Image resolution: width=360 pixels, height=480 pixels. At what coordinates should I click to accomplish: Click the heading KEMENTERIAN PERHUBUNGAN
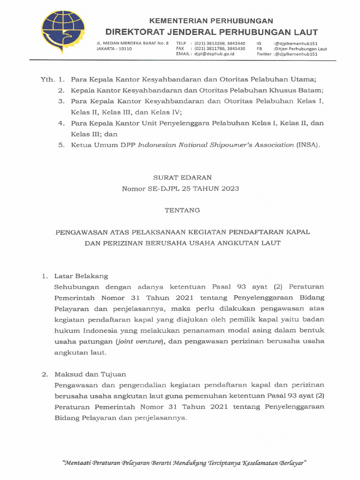click(211, 21)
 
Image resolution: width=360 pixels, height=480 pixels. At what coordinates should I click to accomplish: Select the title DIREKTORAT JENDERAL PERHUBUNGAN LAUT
click(211, 32)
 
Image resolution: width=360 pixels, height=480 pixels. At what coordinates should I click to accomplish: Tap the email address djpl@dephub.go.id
click(212, 54)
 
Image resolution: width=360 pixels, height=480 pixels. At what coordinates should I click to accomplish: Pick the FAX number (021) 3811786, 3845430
click(220, 49)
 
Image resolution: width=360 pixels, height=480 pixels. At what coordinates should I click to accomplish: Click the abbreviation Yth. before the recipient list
click(48, 79)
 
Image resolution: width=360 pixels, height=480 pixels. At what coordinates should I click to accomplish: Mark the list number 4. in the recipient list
click(61, 123)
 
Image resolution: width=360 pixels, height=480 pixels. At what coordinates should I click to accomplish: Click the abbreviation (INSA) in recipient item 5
click(308, 145)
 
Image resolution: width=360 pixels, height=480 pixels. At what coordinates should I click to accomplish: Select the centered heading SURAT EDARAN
click(182, 177)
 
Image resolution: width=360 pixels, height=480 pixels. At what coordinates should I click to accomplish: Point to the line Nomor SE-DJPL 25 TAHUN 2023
click(181, 188)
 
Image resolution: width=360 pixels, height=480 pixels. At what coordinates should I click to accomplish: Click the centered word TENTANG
click(182, 210)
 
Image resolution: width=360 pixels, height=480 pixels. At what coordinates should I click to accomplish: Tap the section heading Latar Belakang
click(81, 276)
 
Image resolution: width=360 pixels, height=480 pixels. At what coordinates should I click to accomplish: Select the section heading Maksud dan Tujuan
click(90, 375)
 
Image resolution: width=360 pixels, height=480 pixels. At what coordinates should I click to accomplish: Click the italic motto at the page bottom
click(184, 463)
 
